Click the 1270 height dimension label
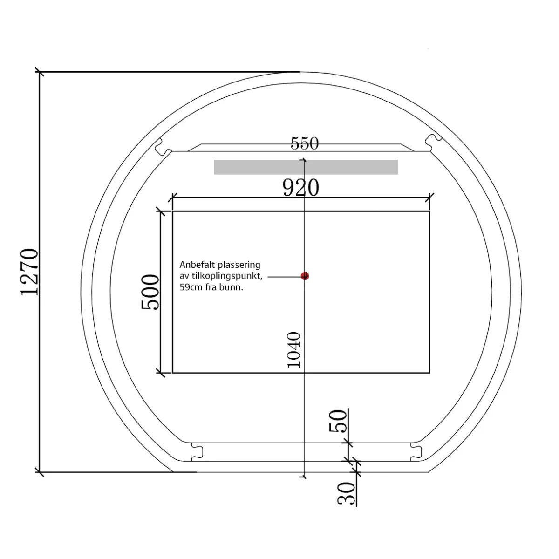(29, 272)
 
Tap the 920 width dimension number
(301, 188)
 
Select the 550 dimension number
(305, 143)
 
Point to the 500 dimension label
(150, 292)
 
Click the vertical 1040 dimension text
(294, 350)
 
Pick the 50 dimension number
(338, 421)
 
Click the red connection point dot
(305, 276)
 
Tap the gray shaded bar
(306, 167)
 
